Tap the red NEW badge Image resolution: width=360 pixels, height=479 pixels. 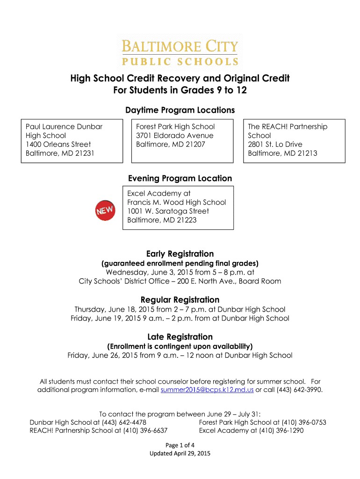(x=105, y=211)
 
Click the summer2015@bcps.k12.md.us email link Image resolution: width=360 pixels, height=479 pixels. (x=207, y=390)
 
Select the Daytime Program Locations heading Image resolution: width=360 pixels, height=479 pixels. (x=180, y=110)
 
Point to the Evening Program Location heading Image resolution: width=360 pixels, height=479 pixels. (x=180, y=178)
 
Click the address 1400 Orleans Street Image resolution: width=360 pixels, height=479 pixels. (x=58, y=145)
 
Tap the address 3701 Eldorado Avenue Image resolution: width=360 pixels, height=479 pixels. (x=174, y=136)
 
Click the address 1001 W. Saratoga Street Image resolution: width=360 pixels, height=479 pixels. (x=168, y=211)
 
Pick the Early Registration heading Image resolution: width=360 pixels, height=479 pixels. (x=180, y=254)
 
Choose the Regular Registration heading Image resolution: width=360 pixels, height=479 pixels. (x=180, y=300)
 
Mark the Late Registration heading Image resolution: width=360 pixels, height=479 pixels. (x=180, y=337)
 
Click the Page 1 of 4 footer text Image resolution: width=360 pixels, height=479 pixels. (x=180, y=445)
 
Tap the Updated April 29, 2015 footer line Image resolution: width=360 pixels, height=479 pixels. (x=180, y=454)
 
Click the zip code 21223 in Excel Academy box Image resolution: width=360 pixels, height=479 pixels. (x=186, y=220)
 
